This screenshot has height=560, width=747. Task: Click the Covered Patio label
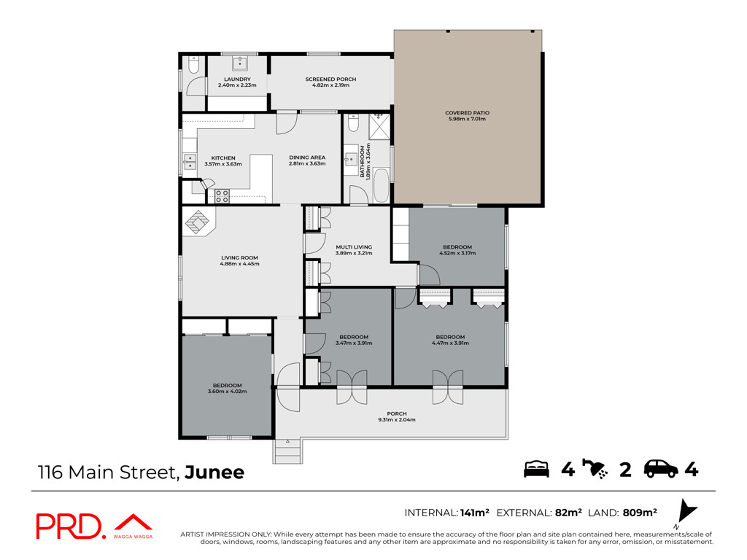467,113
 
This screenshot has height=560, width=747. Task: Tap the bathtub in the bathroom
382,185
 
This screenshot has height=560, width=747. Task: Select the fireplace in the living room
198,222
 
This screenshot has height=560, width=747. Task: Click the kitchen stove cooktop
222,196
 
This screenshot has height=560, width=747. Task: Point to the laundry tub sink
239,63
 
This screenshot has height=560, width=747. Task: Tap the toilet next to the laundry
193,65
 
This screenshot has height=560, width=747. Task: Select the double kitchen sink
190,162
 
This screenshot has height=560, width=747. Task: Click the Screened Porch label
330,79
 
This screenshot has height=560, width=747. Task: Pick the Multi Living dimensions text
354,253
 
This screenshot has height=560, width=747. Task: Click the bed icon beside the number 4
536,469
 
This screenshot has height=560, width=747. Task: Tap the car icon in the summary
661,469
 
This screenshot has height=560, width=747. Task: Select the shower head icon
595,469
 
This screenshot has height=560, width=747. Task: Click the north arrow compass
686,512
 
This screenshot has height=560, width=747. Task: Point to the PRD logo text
69,526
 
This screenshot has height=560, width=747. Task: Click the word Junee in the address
214,472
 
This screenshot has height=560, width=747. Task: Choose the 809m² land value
640,513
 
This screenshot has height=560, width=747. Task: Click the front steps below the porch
287,451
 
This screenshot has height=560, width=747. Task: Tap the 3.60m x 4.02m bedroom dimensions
228,392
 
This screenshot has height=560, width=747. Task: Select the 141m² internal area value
475,513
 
